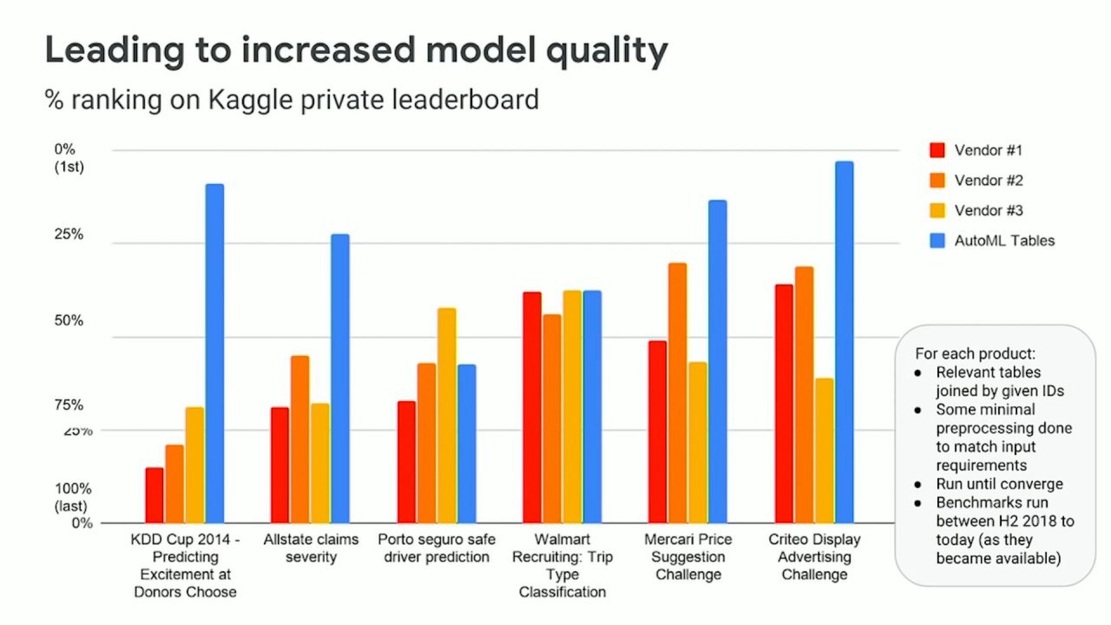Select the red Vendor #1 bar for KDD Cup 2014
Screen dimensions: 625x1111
(x=154, y=495)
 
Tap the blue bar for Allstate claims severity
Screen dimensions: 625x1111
(x=339, y=378)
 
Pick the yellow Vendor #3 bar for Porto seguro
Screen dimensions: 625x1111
(x=446, y=415)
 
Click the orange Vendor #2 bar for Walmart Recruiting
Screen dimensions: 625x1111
(x=551, y=418)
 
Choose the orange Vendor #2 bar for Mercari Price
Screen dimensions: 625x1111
(x=677, y=392)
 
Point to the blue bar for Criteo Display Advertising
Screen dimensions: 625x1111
(x=844, y=342)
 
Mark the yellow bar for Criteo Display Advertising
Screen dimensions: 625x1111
(x=824, y=450)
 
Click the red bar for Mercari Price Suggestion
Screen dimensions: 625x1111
(x=657, y=431)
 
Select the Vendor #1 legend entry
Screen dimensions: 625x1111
(x=976, y=150)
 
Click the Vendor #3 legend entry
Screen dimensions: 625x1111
(x=976, y=210)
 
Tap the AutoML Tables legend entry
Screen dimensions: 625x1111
(x=992, y=240)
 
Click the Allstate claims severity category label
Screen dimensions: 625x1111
(x=311, y=548)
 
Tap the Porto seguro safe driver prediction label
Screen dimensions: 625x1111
(x=437, y=548)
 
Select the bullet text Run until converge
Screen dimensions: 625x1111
(x=999, y=484)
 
